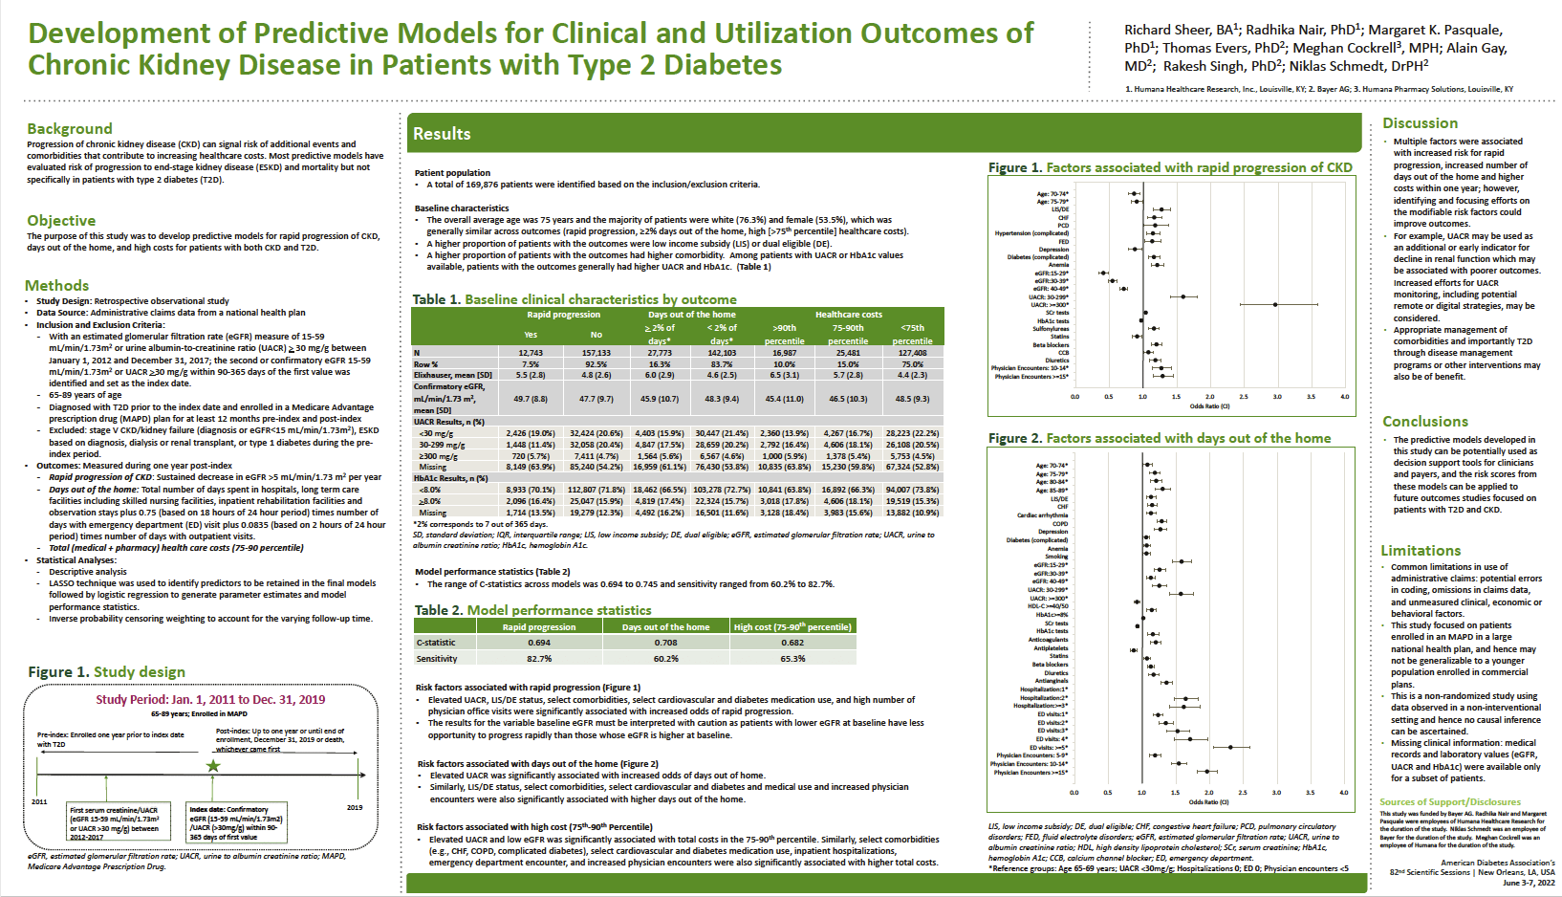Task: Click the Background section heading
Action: click(x=70, y=128)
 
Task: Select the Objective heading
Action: click(x=61, y=220)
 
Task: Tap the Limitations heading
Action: click(x=1421, y=550)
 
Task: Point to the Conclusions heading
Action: click(x=1424, y=421)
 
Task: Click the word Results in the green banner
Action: click(x=442, y=134)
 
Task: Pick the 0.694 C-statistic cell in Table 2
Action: click(x=539, y=643)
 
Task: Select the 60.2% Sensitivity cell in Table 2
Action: click(x=665, y=659)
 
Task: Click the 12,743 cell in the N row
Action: click(x=531, y=353)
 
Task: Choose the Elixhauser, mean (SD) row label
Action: click(x=453, y=375)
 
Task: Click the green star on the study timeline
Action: click(x=213, y=766)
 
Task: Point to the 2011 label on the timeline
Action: click(x=39, y=801)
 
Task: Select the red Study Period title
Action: click(x=210, y=699)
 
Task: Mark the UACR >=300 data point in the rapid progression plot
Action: click(x=1275, y=305)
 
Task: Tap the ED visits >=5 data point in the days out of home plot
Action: click(x=1230, y=747)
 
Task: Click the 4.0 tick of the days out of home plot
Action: click(x=1343, y=793)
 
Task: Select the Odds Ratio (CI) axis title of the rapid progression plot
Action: click(x=1209, y=406)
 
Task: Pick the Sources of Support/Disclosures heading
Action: click(x=1449, y=802)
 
